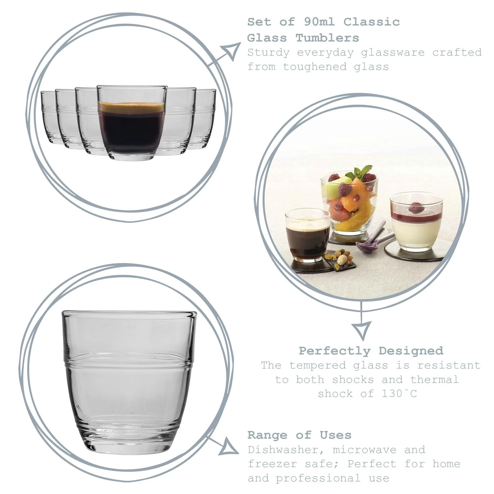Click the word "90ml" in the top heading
point(319,22)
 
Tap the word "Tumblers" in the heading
point(327,38)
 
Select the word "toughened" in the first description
point(315,67)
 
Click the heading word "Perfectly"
point(335,351)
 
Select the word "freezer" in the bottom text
point(273,464)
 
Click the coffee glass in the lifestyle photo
point(307,236)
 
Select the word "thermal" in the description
point(434,380)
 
